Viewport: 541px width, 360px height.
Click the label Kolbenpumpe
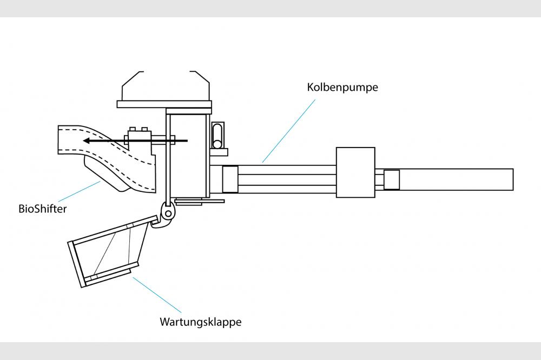click(x=342, y=87)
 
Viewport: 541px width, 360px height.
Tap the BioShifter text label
click(x=42, y=209)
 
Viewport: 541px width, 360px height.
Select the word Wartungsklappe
click(x=200, y=322)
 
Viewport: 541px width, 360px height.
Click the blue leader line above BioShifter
click(x=78, y=192)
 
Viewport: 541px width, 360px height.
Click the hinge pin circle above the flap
click(x=169, y=214)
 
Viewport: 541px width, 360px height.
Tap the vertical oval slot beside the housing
click(x=217, y=135)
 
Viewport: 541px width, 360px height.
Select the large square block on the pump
click(x=355, y=172)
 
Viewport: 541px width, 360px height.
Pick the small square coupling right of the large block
click(x=391, y=179)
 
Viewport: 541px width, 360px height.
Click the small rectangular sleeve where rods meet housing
click(x=230, y=179)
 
